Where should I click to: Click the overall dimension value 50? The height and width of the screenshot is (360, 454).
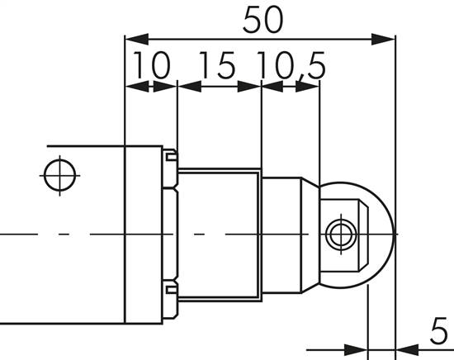(x=262, y=21)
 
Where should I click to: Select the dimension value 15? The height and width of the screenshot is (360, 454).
(x=216, y=65)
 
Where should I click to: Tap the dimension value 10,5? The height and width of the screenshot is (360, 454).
(x=289, y=65)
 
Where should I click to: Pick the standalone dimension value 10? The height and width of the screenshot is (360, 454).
(x=149, y=65)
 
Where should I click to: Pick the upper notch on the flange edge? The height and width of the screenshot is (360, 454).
(x=170, y=155)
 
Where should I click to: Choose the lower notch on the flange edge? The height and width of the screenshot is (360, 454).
(x=170, y=288)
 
